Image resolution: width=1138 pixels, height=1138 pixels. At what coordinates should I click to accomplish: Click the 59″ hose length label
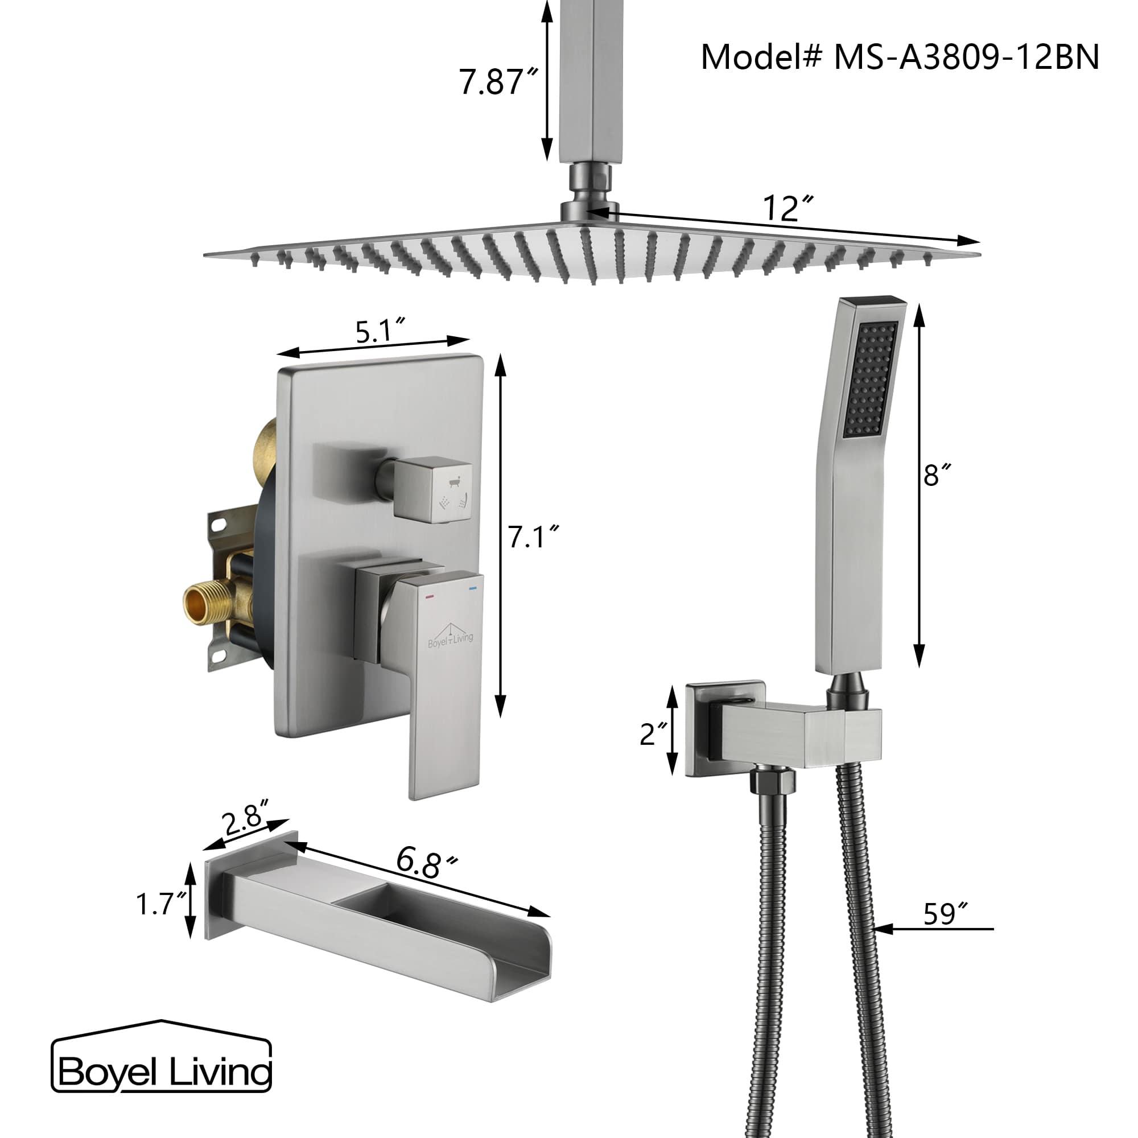click(x=944, y=915)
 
